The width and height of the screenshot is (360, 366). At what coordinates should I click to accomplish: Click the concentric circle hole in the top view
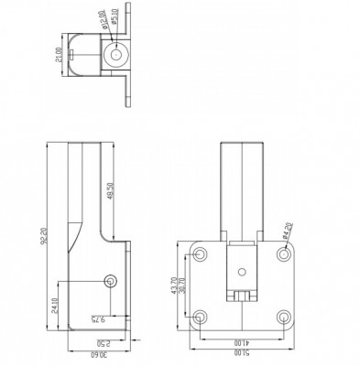116,52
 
